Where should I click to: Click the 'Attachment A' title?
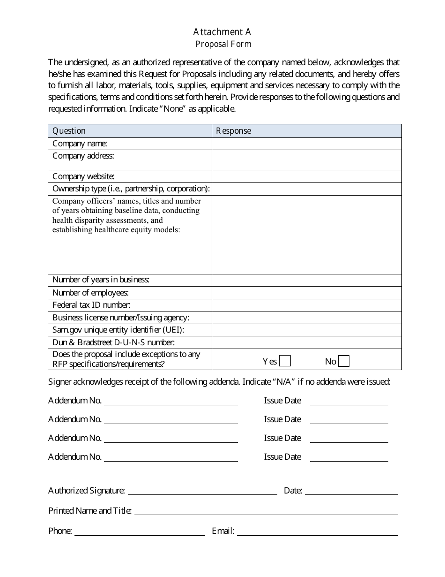coord(222,32)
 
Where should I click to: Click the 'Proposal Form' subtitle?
coord(223,44)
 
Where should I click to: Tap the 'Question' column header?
coord(69,131)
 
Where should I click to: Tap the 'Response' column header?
coord(233,131)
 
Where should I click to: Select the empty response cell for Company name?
coord(306,144)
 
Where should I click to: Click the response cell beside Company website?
coord(306,176)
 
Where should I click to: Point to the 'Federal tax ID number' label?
coord(91,305)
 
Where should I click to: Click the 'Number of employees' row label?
coord(90,292)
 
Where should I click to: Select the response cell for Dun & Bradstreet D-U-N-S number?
coord(306,342)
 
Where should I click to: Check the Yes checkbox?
coord(285,361)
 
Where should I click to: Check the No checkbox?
coord(344,361)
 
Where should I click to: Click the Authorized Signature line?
coord(202,491)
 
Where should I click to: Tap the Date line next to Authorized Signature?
coord(351,491)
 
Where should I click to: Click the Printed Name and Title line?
coord(266,511)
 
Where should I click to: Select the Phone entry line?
coord(140,531)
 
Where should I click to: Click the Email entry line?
coord(318,531)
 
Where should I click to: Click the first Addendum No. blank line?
coord(171,401)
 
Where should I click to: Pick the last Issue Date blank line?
coord(349,457)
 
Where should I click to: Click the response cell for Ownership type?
coord(306,189)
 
